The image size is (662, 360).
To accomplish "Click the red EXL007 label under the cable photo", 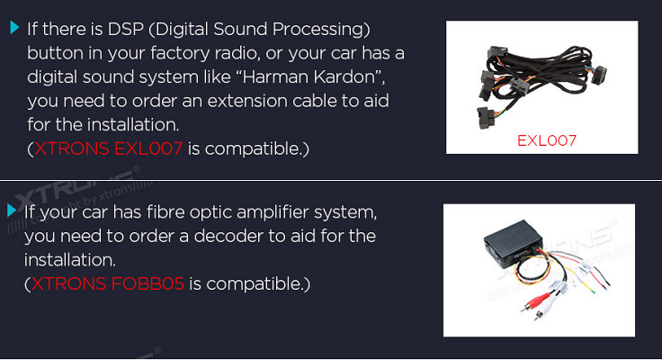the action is pos(547,140).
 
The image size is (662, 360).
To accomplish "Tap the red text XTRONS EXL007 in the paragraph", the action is pos(108,148).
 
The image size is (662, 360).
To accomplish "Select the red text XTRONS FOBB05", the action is pos(108,283).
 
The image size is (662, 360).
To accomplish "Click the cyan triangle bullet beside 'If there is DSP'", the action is pos(14,28).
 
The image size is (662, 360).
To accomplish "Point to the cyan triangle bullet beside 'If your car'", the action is pos(12,210).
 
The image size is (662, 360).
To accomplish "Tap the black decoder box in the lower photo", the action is pos(512,240).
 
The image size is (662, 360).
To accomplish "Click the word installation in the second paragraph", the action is pos(69,260).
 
